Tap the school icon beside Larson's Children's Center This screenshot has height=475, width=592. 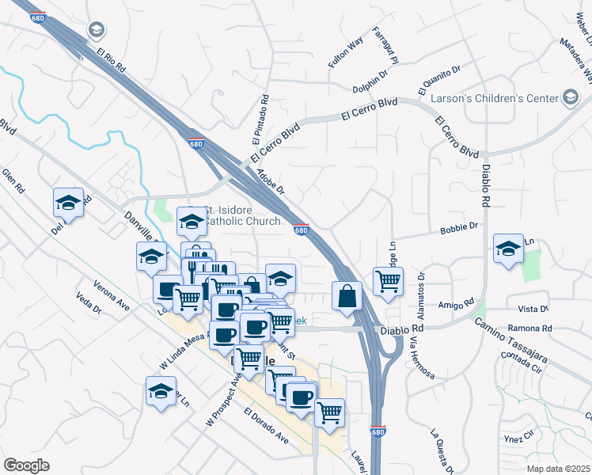[570, 97]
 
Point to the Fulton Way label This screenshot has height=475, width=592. [346, 51]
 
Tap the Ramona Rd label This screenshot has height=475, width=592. [530, 328]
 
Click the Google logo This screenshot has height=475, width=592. [26, 465]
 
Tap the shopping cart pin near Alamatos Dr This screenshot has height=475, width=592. [388, 280]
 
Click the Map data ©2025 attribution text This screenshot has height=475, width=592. [558, 469]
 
